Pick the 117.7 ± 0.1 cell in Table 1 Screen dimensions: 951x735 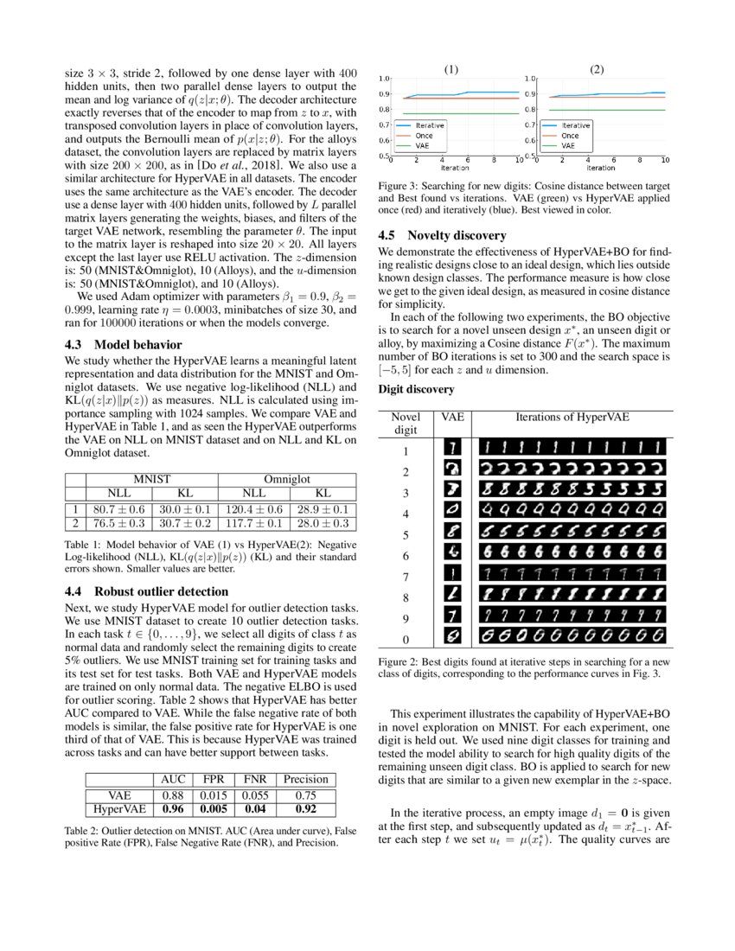click(x=252, y=523)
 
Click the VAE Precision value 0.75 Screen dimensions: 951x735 click(x=305, y=795)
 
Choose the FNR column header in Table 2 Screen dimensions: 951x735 click(x=254, y=779)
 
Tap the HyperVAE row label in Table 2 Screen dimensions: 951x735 click(x=118, y=810)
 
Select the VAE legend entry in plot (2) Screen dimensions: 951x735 click(x=571, y=145)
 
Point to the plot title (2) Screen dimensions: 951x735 click(x=597, y=70)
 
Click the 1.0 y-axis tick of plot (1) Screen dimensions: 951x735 click(x=384, y=79)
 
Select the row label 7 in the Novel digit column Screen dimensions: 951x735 click(x=405, y=577)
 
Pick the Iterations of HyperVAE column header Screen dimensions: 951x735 click(x=572, y=417)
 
